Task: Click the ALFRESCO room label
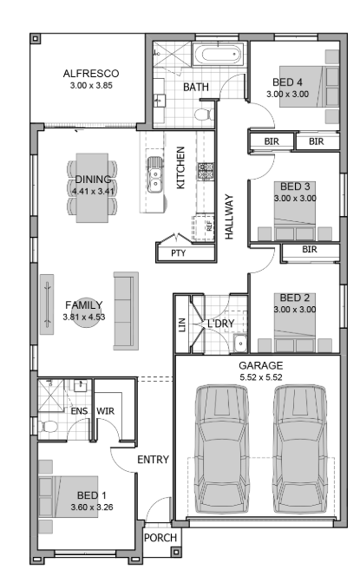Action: pyautogui.click(x=91, y=74)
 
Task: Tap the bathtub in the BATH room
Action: pyautogui.click(x=218, y=55)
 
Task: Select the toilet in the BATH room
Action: pyautogui.click(x=204, y=115)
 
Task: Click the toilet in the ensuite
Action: pyautogui.click(x=48, y=427)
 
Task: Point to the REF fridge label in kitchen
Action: pyautogui.click(x=209, y=226)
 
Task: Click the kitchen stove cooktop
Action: pyautogui.click(x=206, y=171)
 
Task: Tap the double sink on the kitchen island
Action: pyautogui.click(x=155, y=175)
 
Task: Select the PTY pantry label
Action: pyautogui.click(x=178, y=253)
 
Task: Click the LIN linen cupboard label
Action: pyautogui.click(x=182, y=325)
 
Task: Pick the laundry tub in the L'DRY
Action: pyautogui.click(x=240, y=344)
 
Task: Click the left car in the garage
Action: pyautogui.click(x=221, y=448)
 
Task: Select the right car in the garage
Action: pyautogui.click(x=300, y=448)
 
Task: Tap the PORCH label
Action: pyautogui.click(x=160, y=538)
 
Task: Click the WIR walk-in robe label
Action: pyautogui.click(x=106, y=410)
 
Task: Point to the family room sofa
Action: pyautogui.click(x=126, y=311)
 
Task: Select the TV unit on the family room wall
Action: pyautogui.click(x=47, y=304)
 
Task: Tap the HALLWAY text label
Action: pyautogui.click(x=229, y=217)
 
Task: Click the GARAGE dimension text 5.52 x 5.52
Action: pyautogui.click(x=261, y=377)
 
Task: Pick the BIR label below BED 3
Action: pyautogui.click(x=310, y=250)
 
